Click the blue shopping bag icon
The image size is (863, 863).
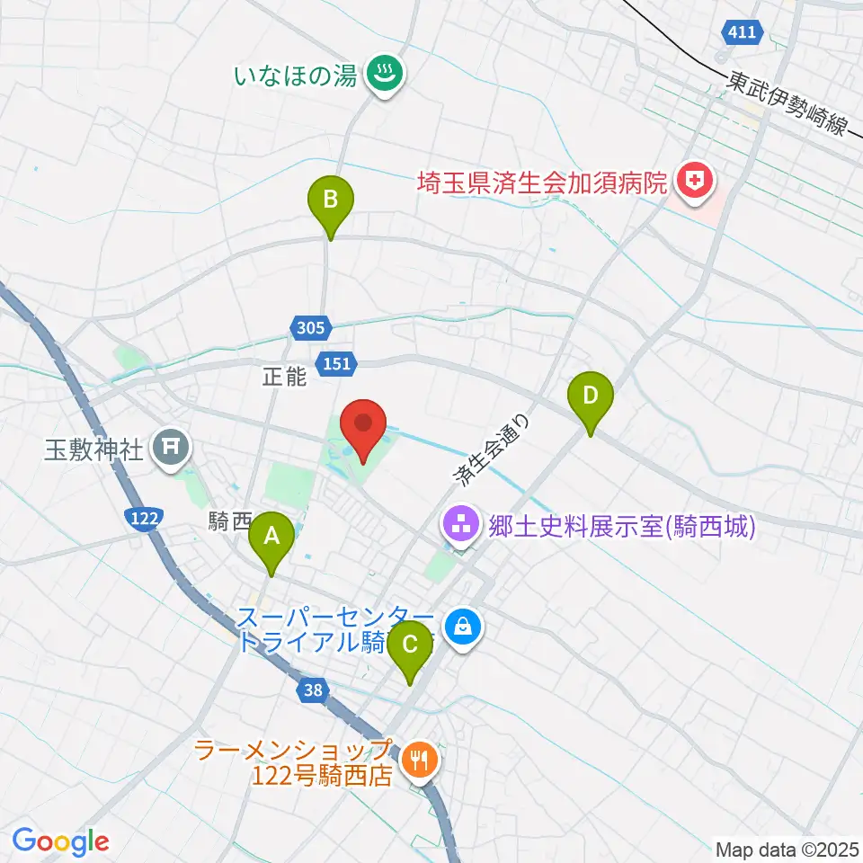coord(463,626)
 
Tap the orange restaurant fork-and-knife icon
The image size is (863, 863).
coord(418,761)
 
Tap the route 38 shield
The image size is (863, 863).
coord(313,691)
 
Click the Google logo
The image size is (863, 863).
coord(60,841)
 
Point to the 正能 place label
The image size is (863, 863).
coord(286,378)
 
